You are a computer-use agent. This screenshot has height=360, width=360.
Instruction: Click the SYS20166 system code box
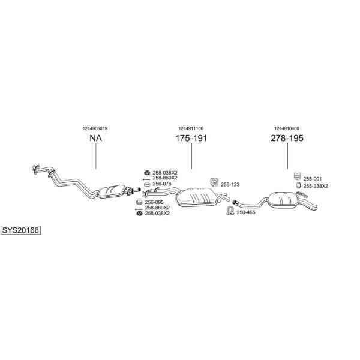coord(20,230)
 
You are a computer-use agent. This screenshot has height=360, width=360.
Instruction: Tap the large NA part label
coord(95,138)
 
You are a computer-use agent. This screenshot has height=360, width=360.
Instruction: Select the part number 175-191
coord(191,138)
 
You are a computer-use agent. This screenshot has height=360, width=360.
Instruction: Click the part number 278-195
coord(287,138)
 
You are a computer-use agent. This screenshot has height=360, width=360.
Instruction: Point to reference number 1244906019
coord(95,128)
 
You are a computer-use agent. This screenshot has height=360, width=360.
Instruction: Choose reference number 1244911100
coord(191,128)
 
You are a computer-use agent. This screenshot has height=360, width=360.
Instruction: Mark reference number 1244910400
coord(287,128)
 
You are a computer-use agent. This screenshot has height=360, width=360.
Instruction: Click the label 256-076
coord(162,184)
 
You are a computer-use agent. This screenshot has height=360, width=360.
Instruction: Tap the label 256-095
coord(154,202)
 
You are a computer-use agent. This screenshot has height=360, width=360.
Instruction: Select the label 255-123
coord(230,185)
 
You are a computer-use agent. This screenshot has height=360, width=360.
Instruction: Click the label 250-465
coord(246,212)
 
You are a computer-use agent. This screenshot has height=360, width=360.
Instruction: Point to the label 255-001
coord(313,179)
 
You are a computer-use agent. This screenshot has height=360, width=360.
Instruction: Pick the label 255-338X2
coord(316,186)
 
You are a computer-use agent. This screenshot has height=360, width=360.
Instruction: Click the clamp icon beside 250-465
coord(230,211)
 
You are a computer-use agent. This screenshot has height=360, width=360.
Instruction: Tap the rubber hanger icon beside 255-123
coord(214,182)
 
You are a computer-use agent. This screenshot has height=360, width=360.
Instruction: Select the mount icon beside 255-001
coord(298,176)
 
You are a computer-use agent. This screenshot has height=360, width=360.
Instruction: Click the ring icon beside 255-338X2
coord(298,185)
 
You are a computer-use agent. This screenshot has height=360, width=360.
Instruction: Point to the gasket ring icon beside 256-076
coord(147,184)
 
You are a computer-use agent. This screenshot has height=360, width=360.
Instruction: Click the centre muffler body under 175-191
coord(197,197)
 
